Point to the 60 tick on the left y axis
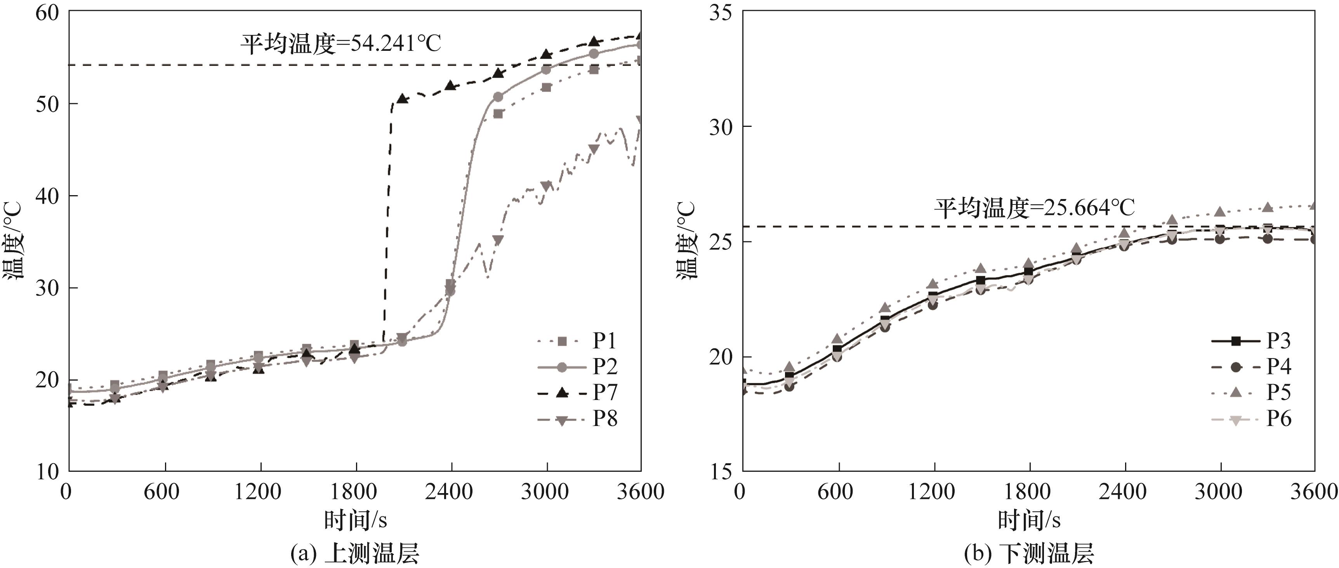click(x=48, y=12)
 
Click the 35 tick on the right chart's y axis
click(x=721, y=12)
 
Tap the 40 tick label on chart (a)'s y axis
click(x=48, y=196)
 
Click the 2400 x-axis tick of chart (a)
click(x=450, y=491)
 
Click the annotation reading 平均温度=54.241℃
click(x=340, y=44)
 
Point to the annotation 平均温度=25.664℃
click(x=1034, y=208)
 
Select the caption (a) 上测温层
click(x=354, y=553)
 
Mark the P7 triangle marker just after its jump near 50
click(x=402, y=98)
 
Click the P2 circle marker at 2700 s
click(x=498, y=97)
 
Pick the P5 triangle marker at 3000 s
click(x=1220, y=212)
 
